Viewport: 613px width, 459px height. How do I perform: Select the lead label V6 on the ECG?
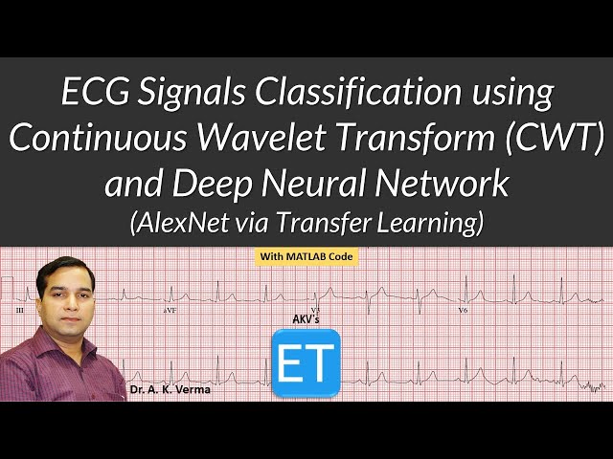click(463, 311)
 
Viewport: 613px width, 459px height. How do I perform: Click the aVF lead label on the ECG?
click(170, 311)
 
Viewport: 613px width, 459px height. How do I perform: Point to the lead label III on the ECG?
click(19, 311)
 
